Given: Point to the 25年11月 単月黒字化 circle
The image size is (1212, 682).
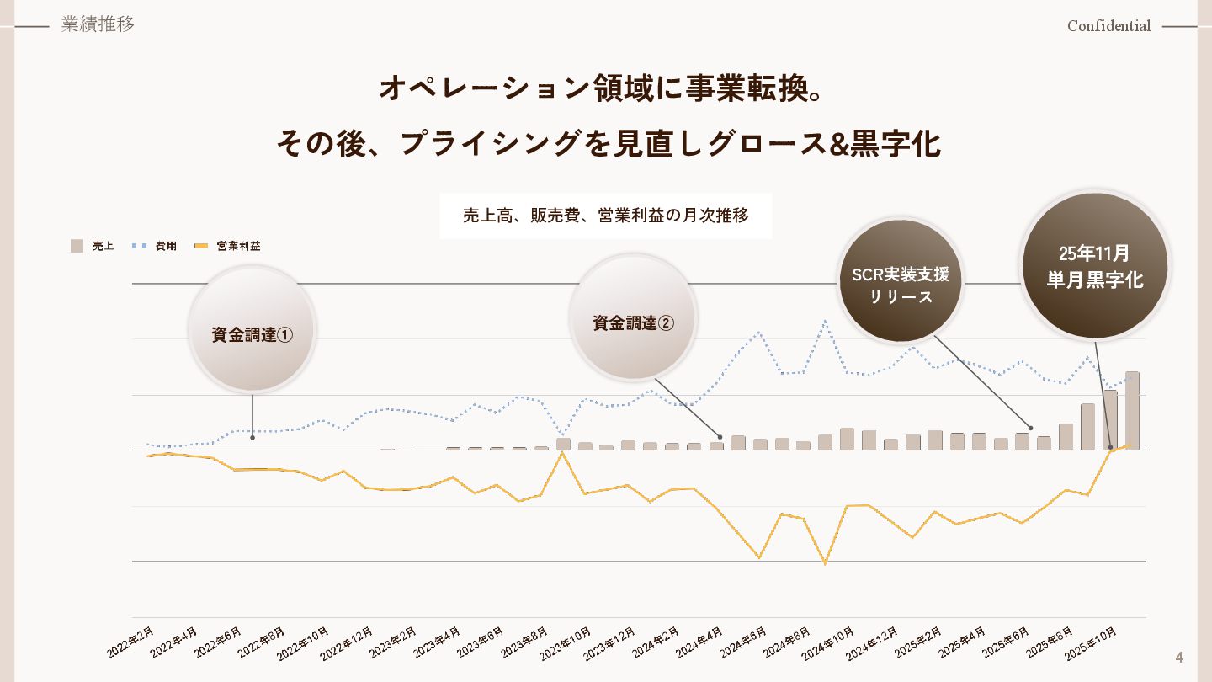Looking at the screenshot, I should (x=1094, y=266).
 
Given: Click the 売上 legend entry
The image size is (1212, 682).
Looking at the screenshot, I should (x=93, y=246).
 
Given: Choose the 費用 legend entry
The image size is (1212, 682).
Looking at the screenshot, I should (x=156, y=246).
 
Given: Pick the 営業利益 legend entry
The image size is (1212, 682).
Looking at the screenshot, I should (x=228, y=246).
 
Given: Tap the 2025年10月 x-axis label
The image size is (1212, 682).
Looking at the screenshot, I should (x=1092, y=643).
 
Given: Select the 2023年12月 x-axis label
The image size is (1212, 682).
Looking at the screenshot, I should (x=609, y=643).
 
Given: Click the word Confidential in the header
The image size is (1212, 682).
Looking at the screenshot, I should (x=1108, y=26).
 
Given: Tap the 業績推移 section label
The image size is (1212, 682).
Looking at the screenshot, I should (x=98, y=24).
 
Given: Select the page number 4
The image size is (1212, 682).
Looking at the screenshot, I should (x=1179, y=658).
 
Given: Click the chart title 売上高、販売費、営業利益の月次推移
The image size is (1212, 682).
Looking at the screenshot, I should (x=605, y=216).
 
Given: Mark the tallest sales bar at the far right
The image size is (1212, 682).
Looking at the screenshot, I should (x=1132, y=410).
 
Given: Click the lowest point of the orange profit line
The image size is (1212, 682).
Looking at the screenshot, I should (x=825, y=563).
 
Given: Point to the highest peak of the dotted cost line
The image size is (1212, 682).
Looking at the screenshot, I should (x=825, y=320).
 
